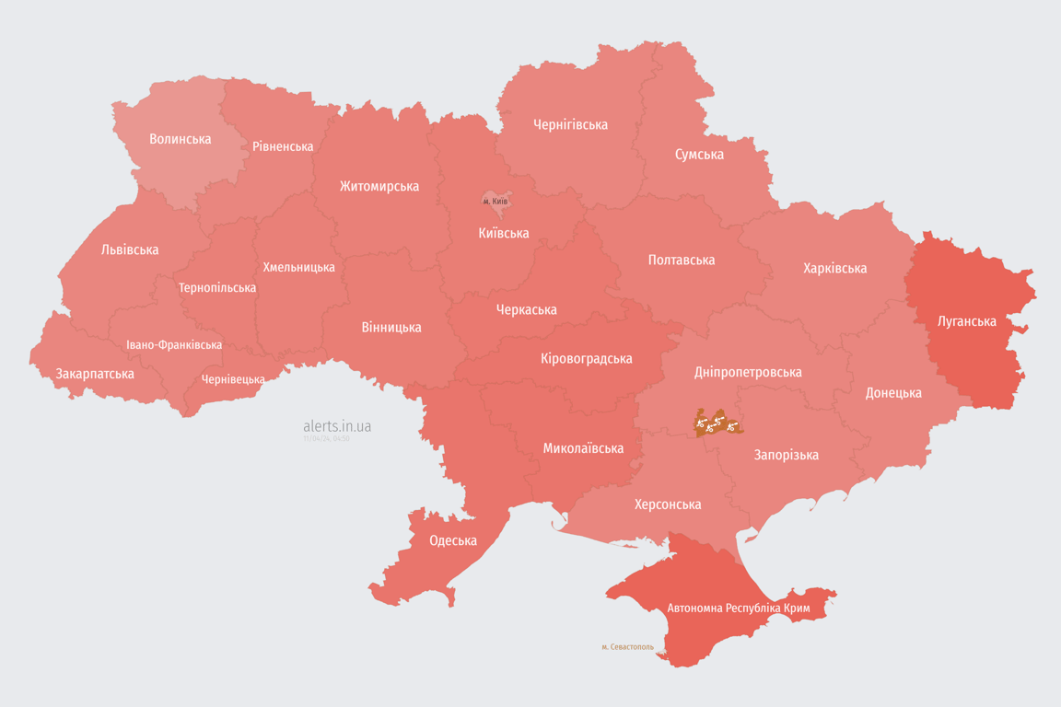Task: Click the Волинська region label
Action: click(181, 139)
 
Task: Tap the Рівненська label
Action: click(283, 146)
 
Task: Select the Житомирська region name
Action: click(379, 186)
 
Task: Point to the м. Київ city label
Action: click(496, 201)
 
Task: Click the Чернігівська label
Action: click(570, 124)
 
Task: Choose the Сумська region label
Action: click(699, 154)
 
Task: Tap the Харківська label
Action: click(834, 268)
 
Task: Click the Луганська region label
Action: click(966, 321)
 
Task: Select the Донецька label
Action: click(893, 392)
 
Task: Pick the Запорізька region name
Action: click(786, 455)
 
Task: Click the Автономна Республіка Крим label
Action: click(737, 608)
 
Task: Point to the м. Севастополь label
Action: click(627, 647)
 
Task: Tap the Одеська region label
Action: click(453, 540)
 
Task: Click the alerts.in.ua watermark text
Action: click(337, 426)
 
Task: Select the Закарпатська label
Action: click(95, 374)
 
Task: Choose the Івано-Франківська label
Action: click(174, 345)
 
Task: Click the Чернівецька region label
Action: click(234, 379)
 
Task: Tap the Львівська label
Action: click(130, 249)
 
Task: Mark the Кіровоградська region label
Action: click(586, 358)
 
